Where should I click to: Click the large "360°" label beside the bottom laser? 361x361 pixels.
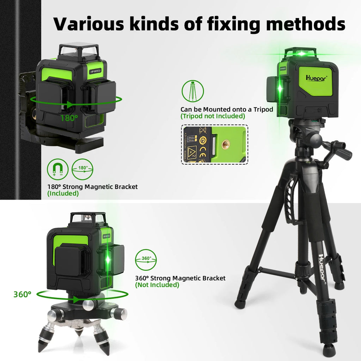22,294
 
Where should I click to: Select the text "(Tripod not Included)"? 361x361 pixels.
213,116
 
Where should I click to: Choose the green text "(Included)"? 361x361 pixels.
63,193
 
